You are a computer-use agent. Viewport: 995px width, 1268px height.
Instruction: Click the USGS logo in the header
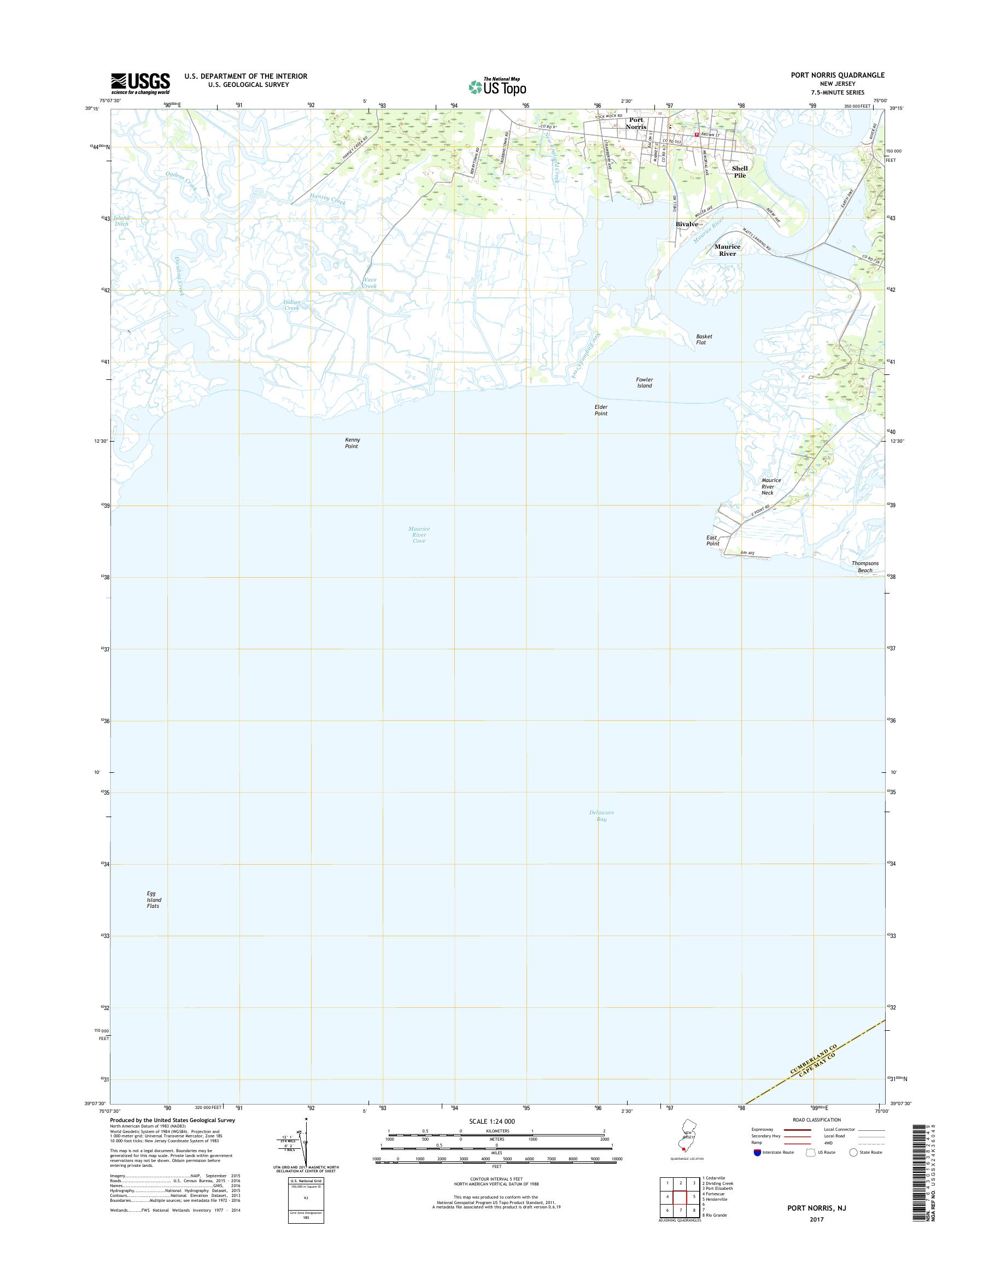(x=141, y=83)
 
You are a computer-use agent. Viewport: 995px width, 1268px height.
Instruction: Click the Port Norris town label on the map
(x=636, y=123)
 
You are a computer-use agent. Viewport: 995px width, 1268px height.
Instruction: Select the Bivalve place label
(x=686, y=224)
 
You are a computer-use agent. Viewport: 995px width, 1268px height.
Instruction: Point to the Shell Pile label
(x=739, y=171)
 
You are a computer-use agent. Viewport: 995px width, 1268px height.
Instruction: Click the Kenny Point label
(x=352, y=443)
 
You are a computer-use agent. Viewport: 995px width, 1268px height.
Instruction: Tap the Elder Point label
(x=601, y=410)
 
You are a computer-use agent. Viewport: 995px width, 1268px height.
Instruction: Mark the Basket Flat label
(x=703, y=339)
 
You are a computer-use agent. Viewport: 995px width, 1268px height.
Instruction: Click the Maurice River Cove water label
(x=418, y=535)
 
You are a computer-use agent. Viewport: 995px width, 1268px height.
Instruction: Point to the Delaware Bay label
(x=601, y=815)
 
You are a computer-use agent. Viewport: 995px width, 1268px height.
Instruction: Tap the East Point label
(x=712, y=541)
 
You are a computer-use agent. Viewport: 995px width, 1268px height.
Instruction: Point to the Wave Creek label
(x=370, y=283)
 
